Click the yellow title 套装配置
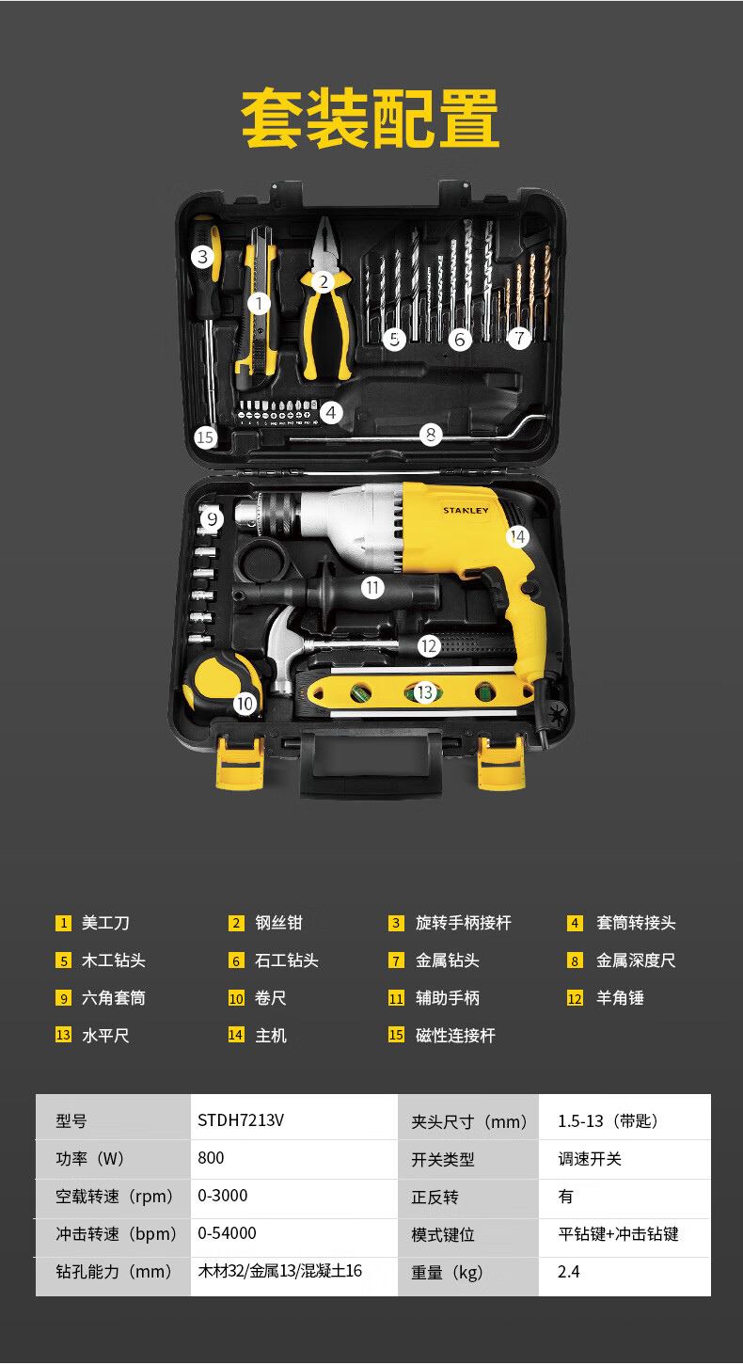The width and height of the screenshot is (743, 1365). pyautogui.click(x=371, y=119)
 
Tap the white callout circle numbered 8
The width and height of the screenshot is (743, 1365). pyautogui.click(x=431, y=435)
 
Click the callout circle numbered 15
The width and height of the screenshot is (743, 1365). pyautogui.click(x=206, y=436)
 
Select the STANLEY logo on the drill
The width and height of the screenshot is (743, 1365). pyautogui.click(x=466, y=511)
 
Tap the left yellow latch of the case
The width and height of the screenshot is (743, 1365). pyautogui.click(x=240, y=762)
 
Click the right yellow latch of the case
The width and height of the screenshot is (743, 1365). pyautogui.click(x=500, y=762)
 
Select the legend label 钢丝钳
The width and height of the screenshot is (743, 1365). pyautogui.click(x=279, y=923)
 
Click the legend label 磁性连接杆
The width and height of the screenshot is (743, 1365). pyautogui.click(x=455, y=1036)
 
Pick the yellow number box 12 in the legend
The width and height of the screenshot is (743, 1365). pyautogui.click(x=575, y=998)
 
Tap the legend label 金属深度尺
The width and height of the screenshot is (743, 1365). pyautogui.click(x=636, y=960)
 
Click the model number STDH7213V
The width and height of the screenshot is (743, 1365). pyautogui.click(x=241, y=1120)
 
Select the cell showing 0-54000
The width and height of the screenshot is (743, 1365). pyautogui.click(x=228, y=1232)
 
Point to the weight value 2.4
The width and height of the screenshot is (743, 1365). pyautogui.click(x=569, y=1271)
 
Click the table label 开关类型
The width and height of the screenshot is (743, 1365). pyautogui.click(x=443, y=1159)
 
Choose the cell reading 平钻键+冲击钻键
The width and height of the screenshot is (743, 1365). pyautogui.click(x=618, y=1234)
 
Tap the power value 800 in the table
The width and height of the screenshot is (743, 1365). pyautogui.click(x=211, y=1158)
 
